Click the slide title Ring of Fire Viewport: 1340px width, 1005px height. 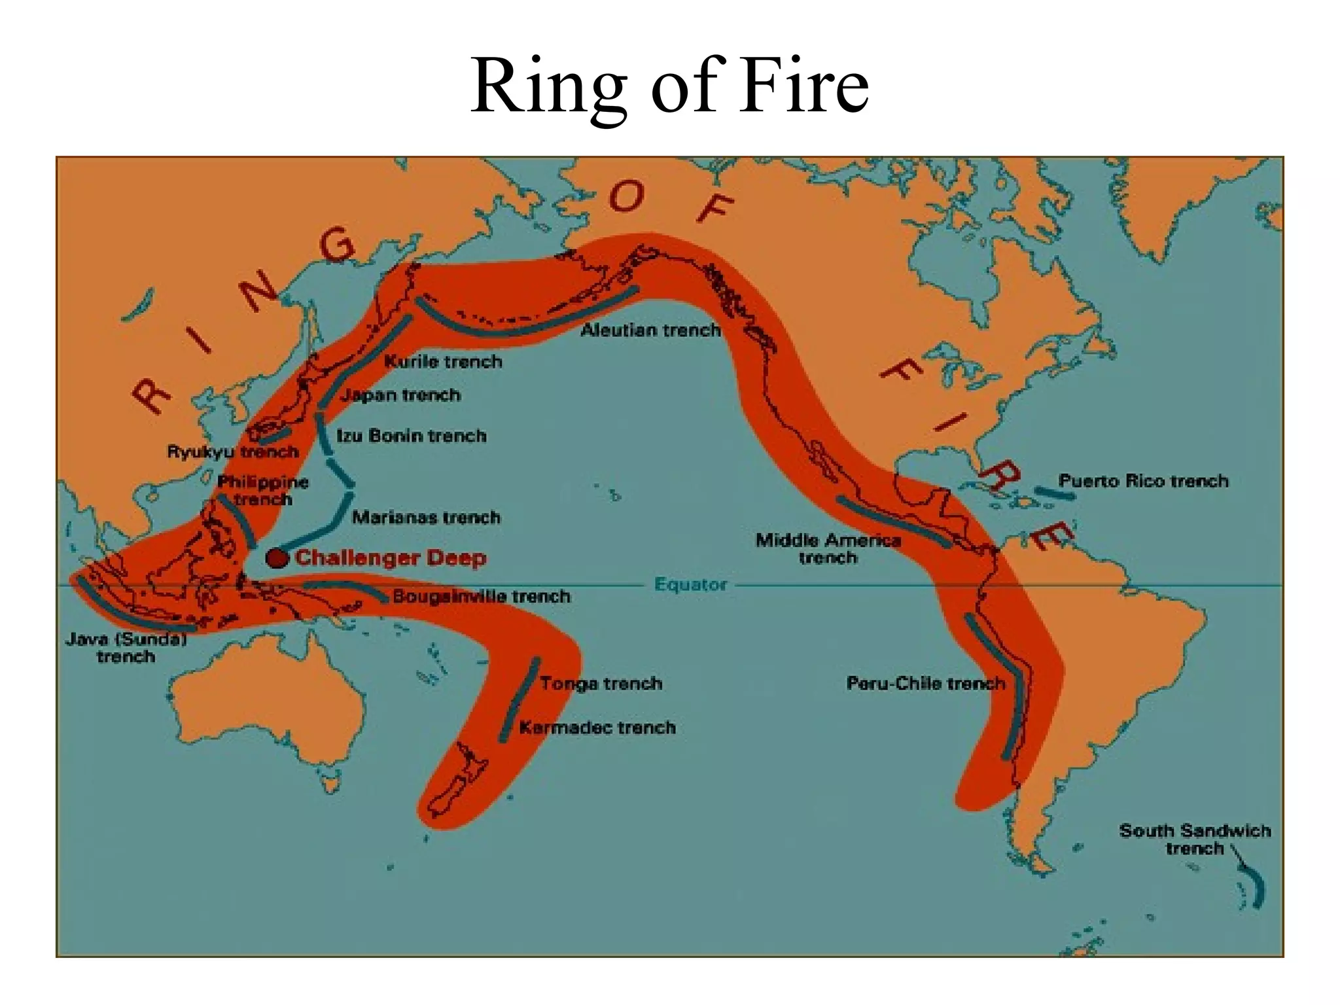point(669,86)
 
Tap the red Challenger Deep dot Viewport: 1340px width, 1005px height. point(277,558)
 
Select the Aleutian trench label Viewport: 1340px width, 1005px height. point(650,330)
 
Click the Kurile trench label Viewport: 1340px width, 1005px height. point(443,361)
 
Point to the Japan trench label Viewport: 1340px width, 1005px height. point(400,395)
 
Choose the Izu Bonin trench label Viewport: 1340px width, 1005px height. point(412,436)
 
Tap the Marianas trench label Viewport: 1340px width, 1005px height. point(426,518)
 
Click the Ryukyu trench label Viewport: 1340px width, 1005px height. point(233,451)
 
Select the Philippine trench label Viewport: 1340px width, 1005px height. point(263,491)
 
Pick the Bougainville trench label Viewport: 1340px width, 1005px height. point(482,596)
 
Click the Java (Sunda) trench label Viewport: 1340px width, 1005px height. point(126,647)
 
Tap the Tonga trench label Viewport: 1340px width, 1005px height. point(601,684)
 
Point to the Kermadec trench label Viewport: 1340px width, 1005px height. point(597,728)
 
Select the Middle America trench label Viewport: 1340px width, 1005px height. point(828,549)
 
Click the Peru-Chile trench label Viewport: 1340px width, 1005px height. point(925,684)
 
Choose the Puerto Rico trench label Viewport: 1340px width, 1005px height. point(1143,481)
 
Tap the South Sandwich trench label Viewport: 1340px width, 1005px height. point(1195,839)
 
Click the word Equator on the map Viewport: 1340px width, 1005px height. point(690,584)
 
